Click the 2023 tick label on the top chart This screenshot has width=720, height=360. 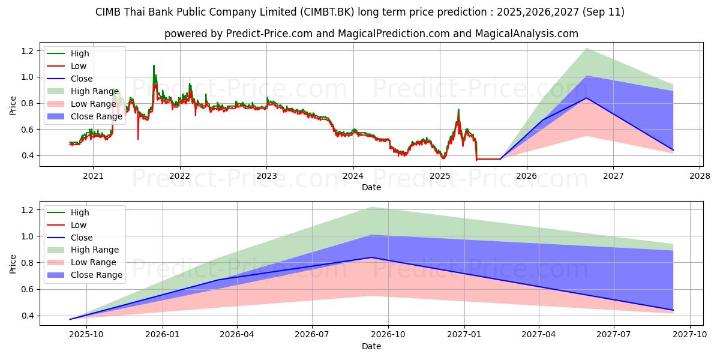pyautogui.click(x=266, y=175)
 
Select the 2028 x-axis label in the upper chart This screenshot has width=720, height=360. pyautogui.click(x=700, y=175)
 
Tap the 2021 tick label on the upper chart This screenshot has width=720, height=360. pyautogui.click(x=93, y=175)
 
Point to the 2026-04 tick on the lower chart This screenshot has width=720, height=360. pyautogui.click(x=237, y=334)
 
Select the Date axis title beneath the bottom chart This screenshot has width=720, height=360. pyautogui.click(x=371, y=346)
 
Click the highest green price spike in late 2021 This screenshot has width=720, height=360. pyautogui.click(x=154, y=65)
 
